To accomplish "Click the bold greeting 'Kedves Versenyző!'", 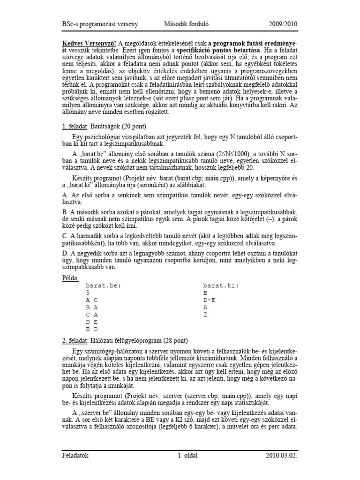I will pyautogui.click(x=90, y=43).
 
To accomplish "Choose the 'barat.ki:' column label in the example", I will pyautogui.click(x=221, y=285).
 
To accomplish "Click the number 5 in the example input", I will pyautogui.click(x=88, y=292).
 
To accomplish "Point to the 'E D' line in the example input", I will pyautogui.click(x=91, y=330).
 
